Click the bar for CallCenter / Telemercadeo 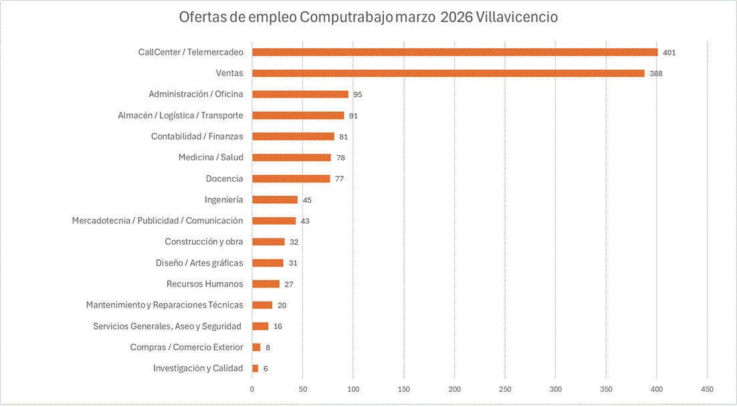click(455, 52)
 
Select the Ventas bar click(448, 73)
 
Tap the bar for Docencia click(291, 178)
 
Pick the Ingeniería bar click(275, 199)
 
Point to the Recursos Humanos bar click(266, 284)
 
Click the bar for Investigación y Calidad click(255, 368)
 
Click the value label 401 click(669, 52)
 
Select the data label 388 click(656, 74)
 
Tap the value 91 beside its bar click(353, 116)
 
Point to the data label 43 click(305, 221)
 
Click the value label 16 click(278, 326)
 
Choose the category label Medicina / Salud click(211, 158)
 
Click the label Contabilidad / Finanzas click(197, 136)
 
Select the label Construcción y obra click(204, 242)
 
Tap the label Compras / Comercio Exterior click(187, 348)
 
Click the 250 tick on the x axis click(506, 389)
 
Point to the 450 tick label click(708, 389)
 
